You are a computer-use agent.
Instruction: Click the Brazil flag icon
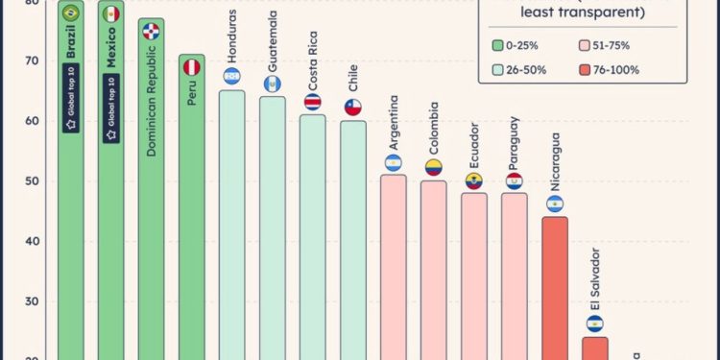(70, 13)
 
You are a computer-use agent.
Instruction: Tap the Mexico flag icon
(110, 13)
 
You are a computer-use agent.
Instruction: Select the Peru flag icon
(191, 67)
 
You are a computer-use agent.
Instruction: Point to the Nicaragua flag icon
(554, 204)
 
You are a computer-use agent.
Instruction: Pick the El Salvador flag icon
(594, 324)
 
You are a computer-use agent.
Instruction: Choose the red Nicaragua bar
(554, 288)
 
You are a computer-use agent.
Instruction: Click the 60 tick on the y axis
(33, 121)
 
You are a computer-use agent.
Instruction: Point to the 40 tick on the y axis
(33, 241)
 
